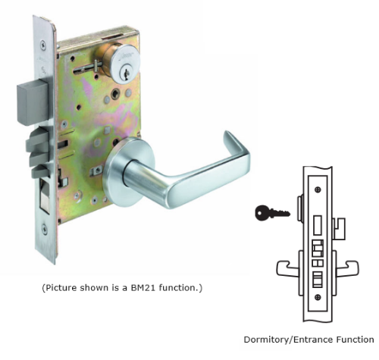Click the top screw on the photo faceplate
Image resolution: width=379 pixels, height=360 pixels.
43,45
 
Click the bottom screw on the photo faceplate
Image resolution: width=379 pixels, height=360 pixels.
45,229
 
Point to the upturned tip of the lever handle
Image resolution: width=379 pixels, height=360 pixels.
227,134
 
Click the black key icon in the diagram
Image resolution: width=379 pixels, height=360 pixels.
272,213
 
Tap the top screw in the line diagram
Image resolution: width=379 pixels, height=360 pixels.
318,189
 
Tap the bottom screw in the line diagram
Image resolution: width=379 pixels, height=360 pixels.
318,297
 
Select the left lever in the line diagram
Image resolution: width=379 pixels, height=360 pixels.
288,268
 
